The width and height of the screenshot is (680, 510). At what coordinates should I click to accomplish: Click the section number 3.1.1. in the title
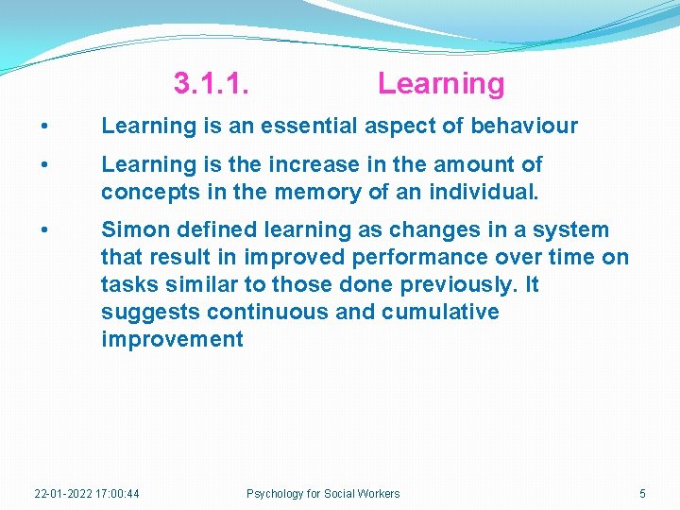[212, 83]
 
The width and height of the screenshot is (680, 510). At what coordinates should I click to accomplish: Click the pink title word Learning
[441, 83]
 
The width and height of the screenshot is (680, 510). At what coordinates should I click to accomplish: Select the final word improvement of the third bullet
[172, 339]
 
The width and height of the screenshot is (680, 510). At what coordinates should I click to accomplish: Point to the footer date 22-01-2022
[63, 493]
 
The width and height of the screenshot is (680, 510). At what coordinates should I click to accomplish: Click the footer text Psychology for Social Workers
[323, 493]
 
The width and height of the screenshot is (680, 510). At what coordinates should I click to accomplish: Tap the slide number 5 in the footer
[642, 493]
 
